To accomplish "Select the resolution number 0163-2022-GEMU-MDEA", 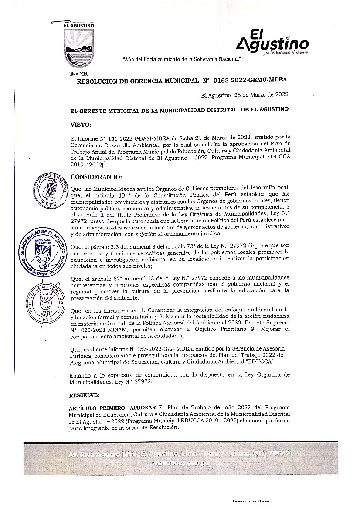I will coord(250,81).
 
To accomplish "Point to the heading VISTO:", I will coord(81,125).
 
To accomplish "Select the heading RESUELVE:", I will coord(85,395).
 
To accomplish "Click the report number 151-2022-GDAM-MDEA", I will coord(116,137).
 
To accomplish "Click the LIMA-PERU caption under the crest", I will coord(79,74).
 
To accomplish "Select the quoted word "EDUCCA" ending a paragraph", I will coord(258,361).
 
